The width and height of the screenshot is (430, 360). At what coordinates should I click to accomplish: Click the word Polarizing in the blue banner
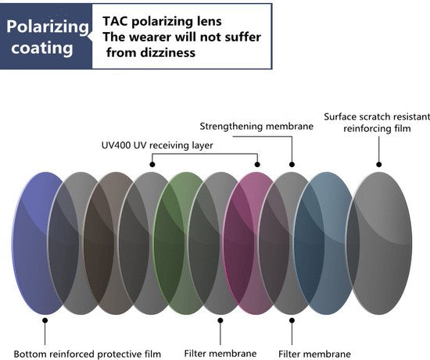[x=48, y=27]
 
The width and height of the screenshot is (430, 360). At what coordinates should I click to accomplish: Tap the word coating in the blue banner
[x=42, y=48]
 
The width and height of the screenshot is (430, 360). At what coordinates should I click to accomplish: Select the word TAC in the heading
[x=115, y=21]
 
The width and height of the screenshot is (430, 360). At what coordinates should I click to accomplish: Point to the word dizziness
[x=167, y=52]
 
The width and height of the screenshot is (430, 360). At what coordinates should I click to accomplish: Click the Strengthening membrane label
[x=256, y=127]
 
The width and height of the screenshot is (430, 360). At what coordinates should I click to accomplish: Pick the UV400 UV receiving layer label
[x=157, y=145]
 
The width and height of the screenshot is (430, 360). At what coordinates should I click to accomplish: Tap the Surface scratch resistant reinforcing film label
[x=377, y=123]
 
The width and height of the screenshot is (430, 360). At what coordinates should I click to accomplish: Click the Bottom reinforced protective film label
[x=88, y=354]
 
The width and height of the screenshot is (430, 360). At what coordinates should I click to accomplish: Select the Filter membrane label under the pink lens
[x=220, y=354]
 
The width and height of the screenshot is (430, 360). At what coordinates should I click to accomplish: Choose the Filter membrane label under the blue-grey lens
[x=314, y=354]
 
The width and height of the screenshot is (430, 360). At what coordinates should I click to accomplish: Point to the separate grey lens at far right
[x=379, y=243]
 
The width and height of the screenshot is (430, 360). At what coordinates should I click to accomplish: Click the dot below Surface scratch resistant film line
[x=379, y=165]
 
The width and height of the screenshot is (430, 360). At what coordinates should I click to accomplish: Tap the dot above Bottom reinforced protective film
[x=45, y=320]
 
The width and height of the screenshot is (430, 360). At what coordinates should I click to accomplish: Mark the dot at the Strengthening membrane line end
[x=292, y=165]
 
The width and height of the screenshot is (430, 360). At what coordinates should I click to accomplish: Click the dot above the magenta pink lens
[x=257, y=165]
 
